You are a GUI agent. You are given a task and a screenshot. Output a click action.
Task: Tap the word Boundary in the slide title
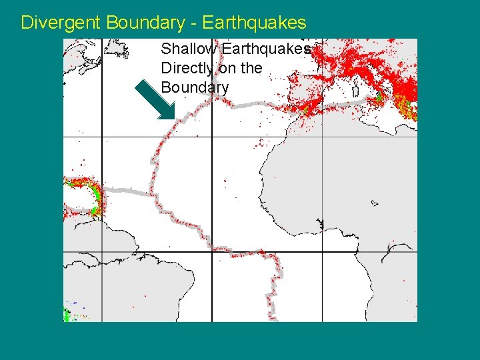[x=142, y=23]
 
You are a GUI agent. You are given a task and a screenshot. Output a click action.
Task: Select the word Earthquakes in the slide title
[x=254, y=23]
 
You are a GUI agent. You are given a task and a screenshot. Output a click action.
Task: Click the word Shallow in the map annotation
[x=189, y=49]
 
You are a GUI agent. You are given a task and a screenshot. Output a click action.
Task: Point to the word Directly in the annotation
[x=187, y=68]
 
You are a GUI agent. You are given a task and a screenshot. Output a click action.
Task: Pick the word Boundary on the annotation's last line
[x=195, y=87]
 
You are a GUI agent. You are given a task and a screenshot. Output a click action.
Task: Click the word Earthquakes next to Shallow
[x=267, y=49]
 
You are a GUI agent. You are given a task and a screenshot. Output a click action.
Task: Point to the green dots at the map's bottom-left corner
[x=67, y=313]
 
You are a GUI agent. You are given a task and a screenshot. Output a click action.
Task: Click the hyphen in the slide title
[x=193, y=23]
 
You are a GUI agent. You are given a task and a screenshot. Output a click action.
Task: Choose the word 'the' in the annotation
[x=251, y=68]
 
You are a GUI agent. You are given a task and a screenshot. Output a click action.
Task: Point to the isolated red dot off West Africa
[x=225, y=180]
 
